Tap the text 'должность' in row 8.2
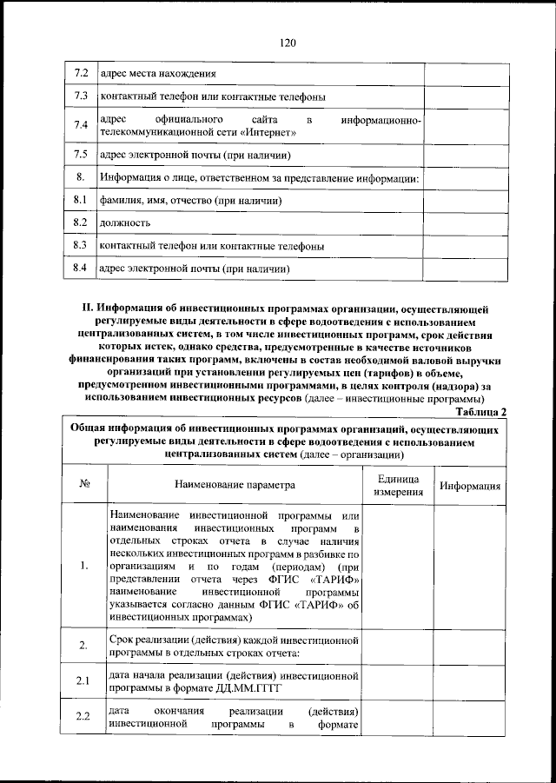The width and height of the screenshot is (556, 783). point(125,223)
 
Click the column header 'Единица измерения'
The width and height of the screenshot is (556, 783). point(398,485)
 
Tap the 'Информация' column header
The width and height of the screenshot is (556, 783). point(469,485)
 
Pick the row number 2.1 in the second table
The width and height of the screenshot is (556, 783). point(83,680)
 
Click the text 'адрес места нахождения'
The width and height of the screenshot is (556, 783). point(158,74)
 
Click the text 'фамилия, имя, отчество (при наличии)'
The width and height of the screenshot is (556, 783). point(191,201)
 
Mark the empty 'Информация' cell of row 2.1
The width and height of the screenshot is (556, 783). point(469,680)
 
